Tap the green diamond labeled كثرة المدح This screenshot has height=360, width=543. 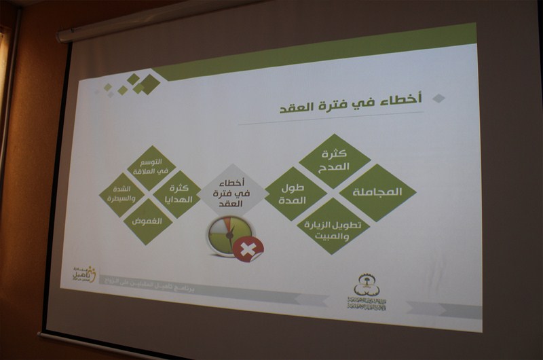click(x=334, y=161)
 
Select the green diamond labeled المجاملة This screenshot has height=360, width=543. click(x=377, y=192)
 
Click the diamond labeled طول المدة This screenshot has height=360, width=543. click(x=296, y=194)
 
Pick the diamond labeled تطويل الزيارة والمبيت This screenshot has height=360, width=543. click(x=333, y=226)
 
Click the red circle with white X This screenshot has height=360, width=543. click(x=248, y=249)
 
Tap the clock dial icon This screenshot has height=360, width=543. click(x=227, y=235)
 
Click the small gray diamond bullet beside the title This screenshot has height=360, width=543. click(x=438, y=98)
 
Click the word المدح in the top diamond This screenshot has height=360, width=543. click(x=334, y=167)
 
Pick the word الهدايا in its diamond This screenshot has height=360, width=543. click(x=176, y=199)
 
